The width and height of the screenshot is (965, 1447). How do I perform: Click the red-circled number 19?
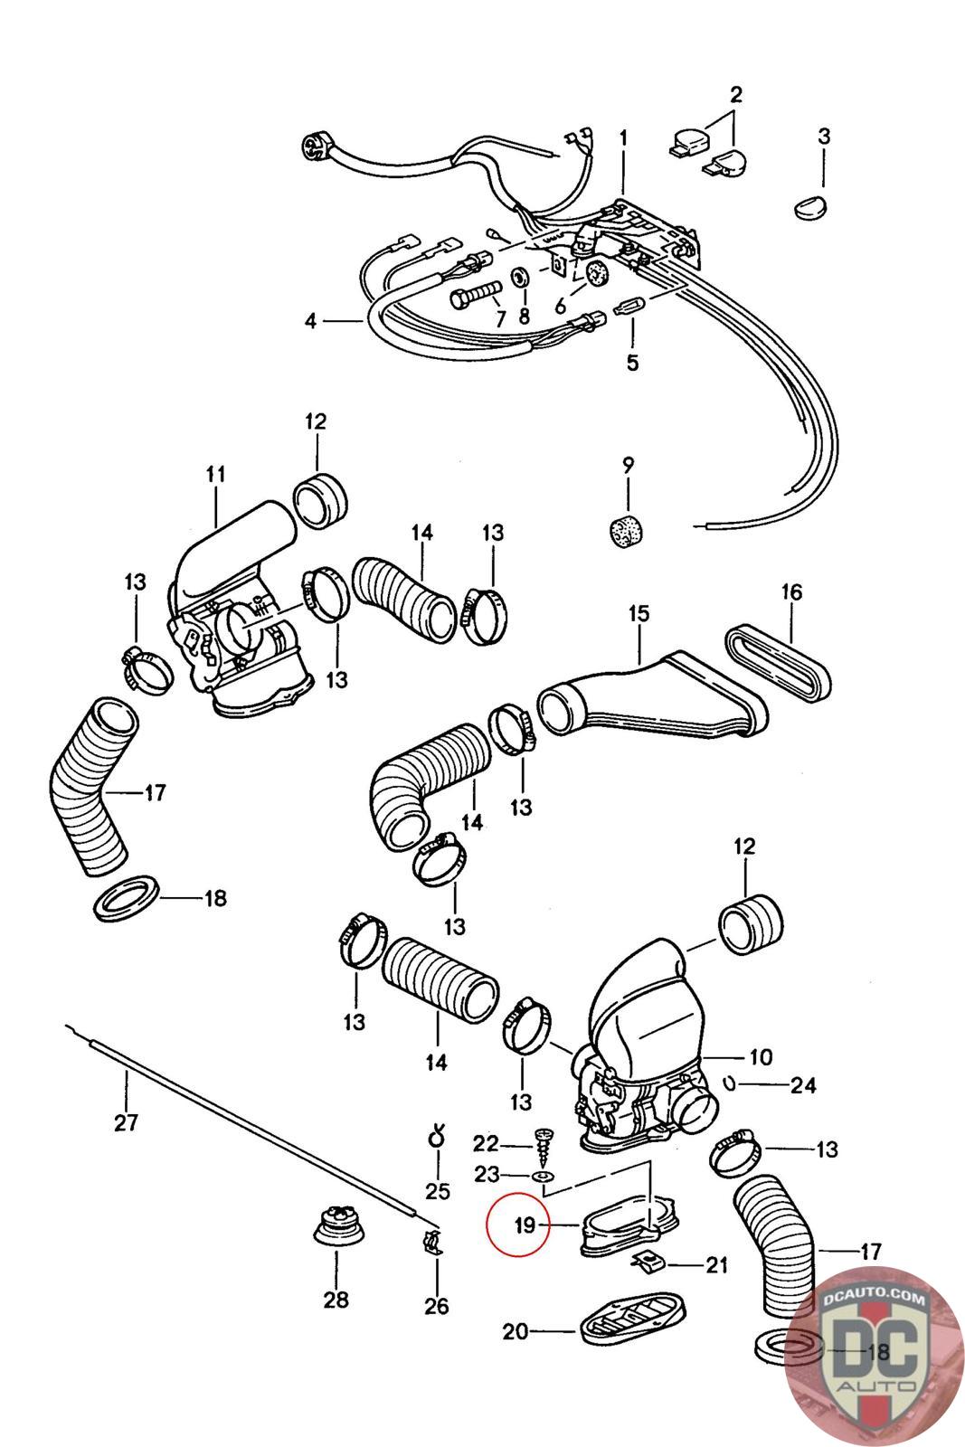click(x=525, y=1225)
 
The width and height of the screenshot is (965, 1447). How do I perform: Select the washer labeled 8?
click(x=523, y=276)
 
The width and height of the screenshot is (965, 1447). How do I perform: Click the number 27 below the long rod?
click(x=126, y=1122)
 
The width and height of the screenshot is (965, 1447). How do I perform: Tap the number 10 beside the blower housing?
click(x=760, y=1056)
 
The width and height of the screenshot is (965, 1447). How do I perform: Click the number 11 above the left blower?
click(x=215, y=473)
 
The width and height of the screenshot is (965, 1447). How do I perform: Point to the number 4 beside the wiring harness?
click(x=310, y=320)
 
